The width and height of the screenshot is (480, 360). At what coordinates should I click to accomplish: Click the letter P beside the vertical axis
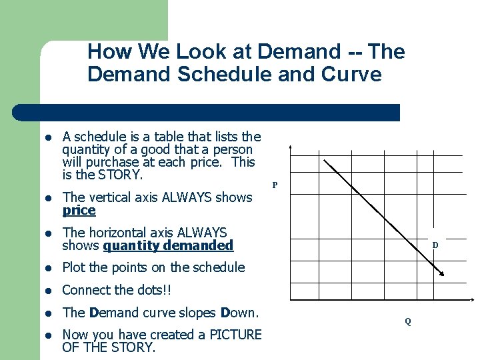[x=275, y=185]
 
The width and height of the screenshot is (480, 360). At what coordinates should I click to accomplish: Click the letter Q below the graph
[x=408, y=321]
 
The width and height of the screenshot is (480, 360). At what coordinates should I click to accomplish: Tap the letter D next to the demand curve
[x=435, y=245]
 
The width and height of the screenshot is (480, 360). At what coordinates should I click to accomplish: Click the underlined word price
[x=79, y=211]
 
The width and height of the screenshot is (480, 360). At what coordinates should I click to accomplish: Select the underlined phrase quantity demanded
[x=168, y=246]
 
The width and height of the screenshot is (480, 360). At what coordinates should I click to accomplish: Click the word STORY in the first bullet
[x=120, y=175]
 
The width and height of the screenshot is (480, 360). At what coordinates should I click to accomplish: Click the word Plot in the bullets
[x=73, y=267]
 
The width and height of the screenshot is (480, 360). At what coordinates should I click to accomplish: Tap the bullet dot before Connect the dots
[x=49, y=291]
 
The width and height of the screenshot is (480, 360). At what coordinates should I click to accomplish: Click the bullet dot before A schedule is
[x=49, y=137]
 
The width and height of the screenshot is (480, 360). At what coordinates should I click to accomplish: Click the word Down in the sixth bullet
[x=240, y=313]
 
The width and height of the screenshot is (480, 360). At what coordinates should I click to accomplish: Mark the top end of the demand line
[x=323, y=160]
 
